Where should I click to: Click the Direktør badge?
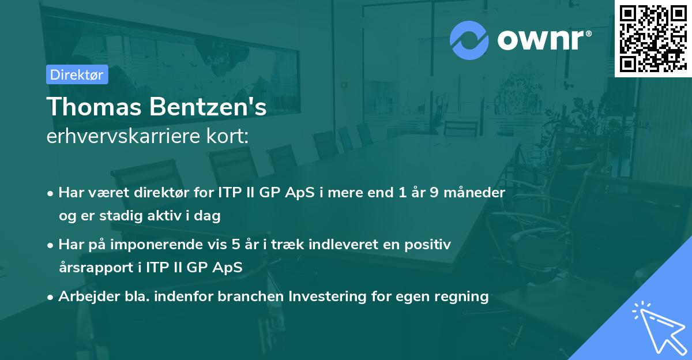pos(77,74)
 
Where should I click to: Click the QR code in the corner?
pos(653,38)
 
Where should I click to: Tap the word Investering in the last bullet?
pos(326,297)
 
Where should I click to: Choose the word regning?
pos(460,297)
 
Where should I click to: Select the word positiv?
pos(430,245)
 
